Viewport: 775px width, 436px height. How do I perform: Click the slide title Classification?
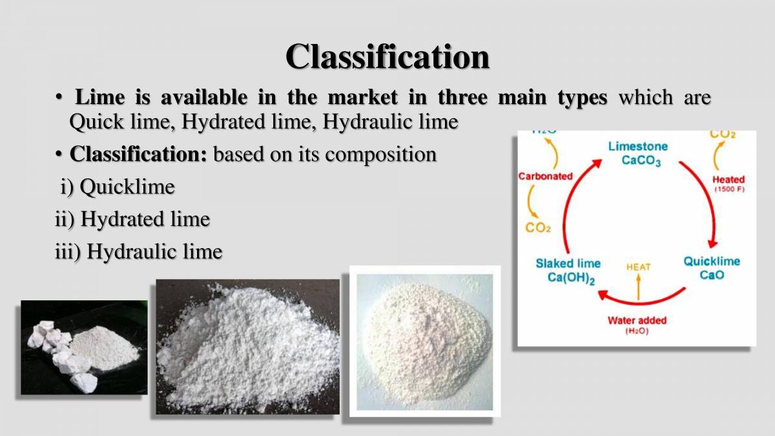387,56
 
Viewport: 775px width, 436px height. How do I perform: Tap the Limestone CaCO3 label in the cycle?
638,154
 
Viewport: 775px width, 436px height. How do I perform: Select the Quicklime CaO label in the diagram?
712,268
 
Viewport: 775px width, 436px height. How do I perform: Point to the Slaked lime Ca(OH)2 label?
568,271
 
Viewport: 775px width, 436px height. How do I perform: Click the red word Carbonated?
545,176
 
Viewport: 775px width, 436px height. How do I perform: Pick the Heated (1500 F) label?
728,183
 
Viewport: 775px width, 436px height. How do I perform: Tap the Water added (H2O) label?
637,325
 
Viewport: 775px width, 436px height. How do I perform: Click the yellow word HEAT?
638,267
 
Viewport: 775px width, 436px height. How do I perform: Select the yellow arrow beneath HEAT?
638,287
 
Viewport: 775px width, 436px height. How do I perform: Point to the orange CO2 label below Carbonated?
538,227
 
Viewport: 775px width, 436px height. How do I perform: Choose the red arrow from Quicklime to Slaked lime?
640,304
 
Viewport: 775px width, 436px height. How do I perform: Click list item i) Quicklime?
118,187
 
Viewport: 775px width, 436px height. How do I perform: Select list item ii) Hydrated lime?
132,219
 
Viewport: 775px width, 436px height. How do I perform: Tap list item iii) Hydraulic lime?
138,251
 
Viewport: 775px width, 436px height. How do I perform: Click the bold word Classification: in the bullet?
138,154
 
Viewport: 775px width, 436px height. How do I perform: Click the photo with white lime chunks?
84,348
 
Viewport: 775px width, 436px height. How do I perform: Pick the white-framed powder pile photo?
425,342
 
